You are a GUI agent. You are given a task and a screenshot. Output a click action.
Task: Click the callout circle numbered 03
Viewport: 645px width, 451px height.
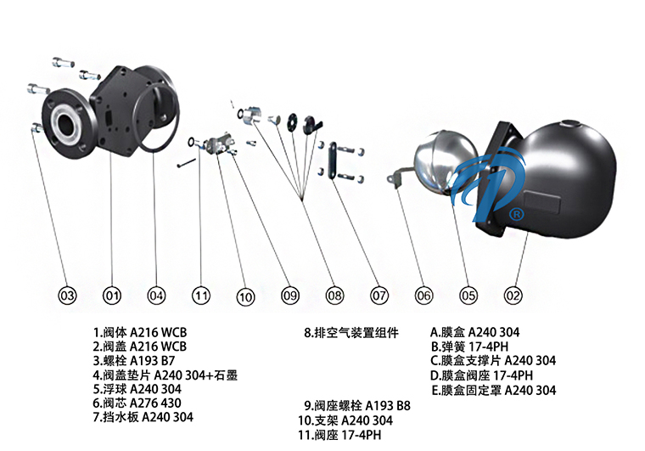click(x=67, y=296)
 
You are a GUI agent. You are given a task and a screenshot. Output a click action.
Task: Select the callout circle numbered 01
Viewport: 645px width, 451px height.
click(x=111, y=296)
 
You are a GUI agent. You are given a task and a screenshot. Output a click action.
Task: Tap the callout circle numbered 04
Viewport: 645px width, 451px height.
click(x=156, y=296)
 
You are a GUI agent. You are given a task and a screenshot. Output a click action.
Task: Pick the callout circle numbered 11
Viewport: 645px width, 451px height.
click(x=200, y=296)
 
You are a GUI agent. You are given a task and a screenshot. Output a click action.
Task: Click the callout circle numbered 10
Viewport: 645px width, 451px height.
click(x=245, y=296)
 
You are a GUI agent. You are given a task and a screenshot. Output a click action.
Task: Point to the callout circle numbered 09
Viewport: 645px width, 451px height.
click(x=290, y=296)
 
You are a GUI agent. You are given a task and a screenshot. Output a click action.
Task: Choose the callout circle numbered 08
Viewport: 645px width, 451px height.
click(x=334, y=296)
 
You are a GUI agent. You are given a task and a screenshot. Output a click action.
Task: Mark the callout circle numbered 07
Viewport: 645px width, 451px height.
click(x=379, y=296)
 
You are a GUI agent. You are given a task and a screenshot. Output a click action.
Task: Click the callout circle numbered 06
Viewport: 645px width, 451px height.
click(x=423, y=296)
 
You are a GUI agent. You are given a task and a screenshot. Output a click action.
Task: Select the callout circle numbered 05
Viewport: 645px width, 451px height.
click(x=468, y=296)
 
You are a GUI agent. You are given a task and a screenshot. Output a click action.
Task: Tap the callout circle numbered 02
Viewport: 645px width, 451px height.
click(x=513, y=296)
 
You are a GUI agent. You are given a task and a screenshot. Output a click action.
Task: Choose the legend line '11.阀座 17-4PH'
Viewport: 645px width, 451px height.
click(x=339, y=435)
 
